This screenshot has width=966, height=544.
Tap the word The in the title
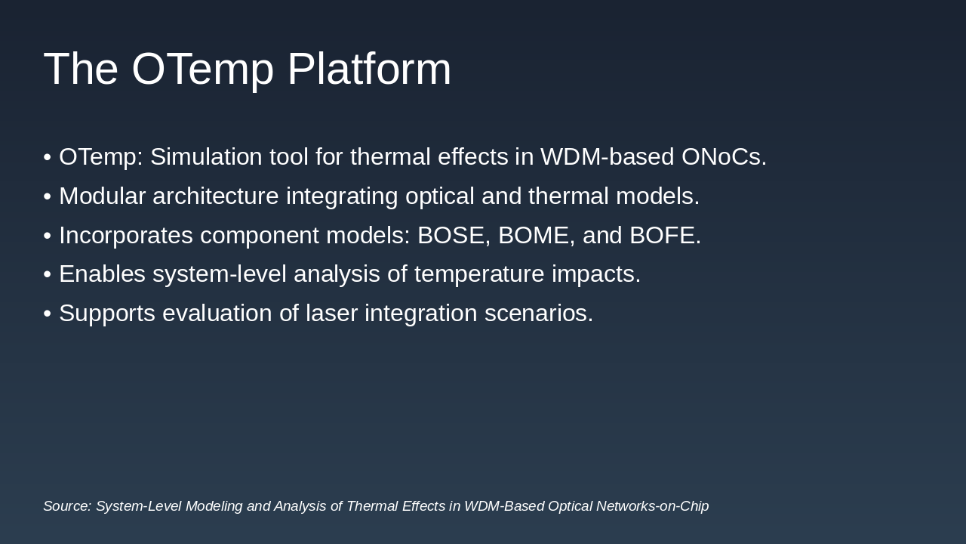[81, 69]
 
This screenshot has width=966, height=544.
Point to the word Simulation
[206, 156]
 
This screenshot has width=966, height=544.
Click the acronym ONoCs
[724, 156]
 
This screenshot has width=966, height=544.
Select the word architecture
[216, 196]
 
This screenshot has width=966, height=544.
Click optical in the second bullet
[440, 196]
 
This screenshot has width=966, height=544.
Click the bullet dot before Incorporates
[48, 236]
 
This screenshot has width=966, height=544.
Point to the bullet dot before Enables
[48, 274]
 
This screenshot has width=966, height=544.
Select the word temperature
[479, 274]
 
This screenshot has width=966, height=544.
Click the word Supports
[107, 313]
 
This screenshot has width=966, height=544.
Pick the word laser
[331, 313]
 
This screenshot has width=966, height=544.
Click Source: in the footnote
[68, 506]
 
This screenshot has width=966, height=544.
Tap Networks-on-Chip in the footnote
[653, 506]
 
